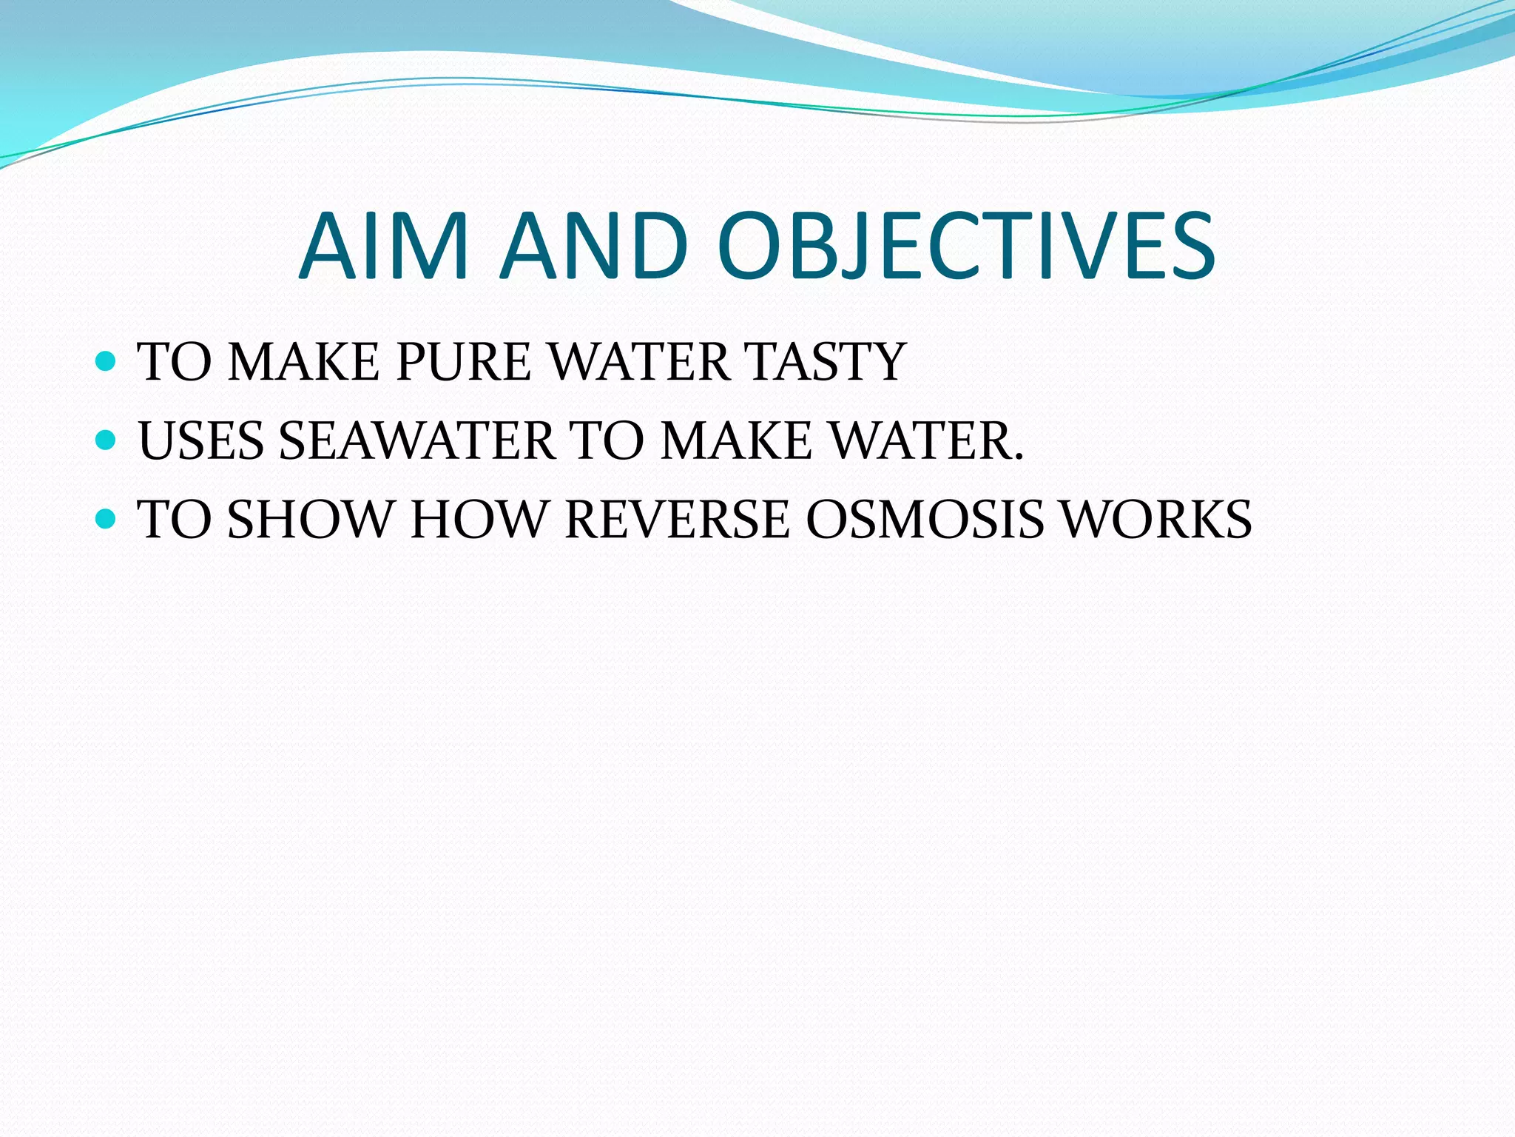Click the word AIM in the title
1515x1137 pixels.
[x=384, y=246]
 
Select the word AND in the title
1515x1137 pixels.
[x=594, y=246]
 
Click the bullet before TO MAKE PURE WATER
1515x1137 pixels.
[x=107, y=361]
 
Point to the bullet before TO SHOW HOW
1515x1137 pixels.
[x=107, y=518]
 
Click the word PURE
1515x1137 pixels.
[x=464, y=362]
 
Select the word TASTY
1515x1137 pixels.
[x=826, y=362]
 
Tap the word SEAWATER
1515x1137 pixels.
[x=416, y=441]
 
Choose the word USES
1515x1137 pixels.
[x=201, y=441]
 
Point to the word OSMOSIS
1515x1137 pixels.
[x=925, y=519]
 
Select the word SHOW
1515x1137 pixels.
[x=310, y=519]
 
